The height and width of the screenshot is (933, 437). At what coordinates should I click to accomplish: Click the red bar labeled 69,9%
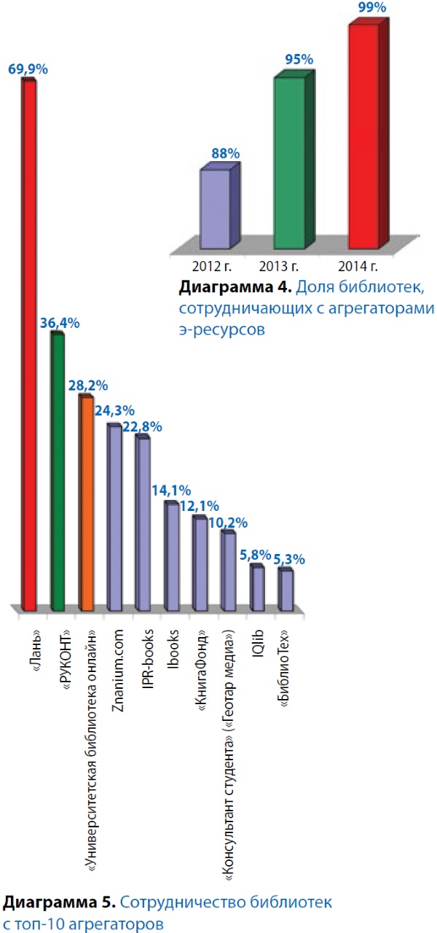tap(28, 343)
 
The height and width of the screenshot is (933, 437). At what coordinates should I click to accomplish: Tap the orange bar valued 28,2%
tap(85, 503)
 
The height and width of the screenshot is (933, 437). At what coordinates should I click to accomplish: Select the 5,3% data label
tap(289, 559)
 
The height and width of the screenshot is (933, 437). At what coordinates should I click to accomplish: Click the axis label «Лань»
tap(29, 641)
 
